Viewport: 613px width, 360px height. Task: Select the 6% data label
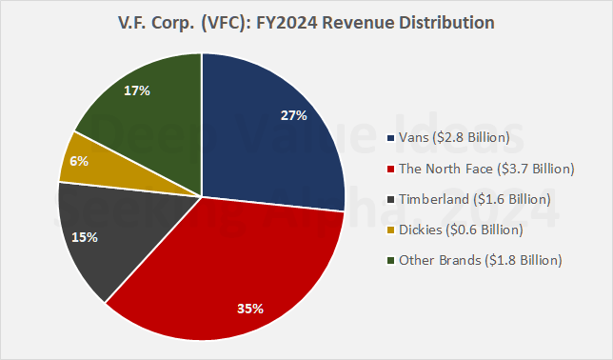click(x=78, y=162)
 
